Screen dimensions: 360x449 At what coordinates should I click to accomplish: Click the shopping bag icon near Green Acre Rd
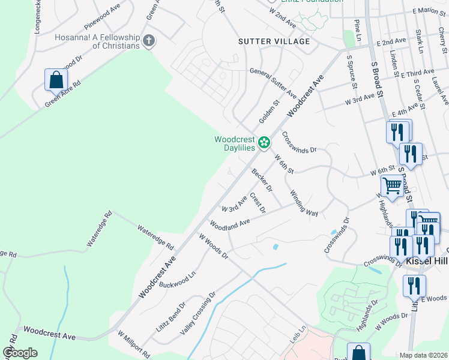click(56, 79)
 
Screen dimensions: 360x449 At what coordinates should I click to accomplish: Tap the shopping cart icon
click(392, 187)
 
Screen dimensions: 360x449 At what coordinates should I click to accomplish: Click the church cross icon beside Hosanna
click(149, 41)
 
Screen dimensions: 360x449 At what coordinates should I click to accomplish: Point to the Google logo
click(20, 353)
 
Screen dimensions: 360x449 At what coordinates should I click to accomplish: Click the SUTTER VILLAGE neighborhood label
click(274, 41)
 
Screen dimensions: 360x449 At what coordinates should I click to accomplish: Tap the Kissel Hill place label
click(427, 262)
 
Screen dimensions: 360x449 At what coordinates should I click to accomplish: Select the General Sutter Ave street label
click(274, 83)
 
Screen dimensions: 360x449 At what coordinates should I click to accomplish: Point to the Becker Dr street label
click(262, 180)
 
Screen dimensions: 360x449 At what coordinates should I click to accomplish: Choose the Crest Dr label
click(258, 202)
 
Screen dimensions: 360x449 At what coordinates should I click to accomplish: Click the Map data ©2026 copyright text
click(423, 355)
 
